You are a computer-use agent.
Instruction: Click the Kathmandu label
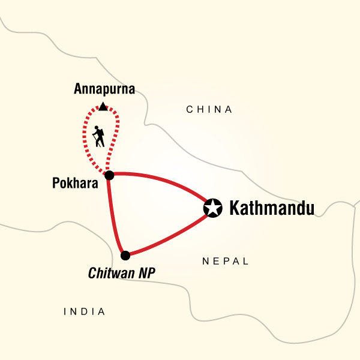(272, 209)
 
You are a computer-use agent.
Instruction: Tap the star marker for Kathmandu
(212, 208)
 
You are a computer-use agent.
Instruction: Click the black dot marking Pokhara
(109, 175)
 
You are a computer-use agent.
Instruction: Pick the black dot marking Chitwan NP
(125, 256)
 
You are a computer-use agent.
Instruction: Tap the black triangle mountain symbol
(103, 107)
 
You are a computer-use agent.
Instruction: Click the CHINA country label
(209, 109)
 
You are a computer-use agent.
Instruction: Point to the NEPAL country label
(225, 261)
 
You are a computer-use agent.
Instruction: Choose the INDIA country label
(85, 311)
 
